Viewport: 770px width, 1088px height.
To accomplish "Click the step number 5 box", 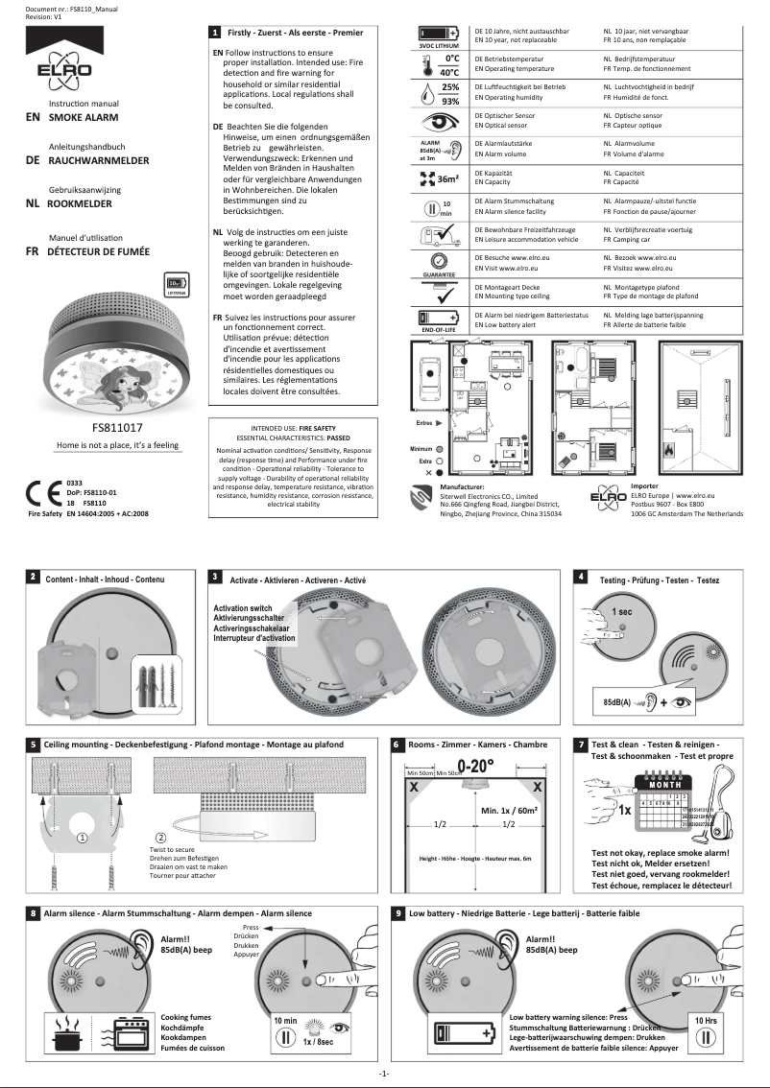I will click(34, 744).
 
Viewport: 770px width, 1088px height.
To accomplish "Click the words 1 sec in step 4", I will click(621, 611).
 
